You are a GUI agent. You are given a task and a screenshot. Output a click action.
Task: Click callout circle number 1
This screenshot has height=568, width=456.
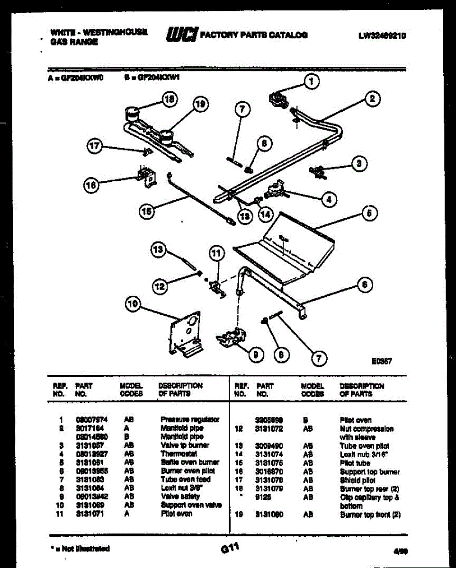pos(311,82)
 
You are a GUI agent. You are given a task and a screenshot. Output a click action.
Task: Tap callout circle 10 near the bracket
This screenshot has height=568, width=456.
pos(133,305)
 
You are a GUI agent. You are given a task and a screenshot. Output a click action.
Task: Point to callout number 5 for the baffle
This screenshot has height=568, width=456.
pos(369,213)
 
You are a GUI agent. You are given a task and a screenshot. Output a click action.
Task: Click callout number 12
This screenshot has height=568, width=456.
pos(161,285)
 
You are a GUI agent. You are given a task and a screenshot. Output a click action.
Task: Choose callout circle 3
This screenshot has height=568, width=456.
pos(359,164)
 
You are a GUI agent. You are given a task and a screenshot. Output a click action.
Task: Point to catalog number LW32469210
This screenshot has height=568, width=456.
pos(383,35)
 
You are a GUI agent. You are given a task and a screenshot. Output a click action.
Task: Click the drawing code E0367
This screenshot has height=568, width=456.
pos(382,361)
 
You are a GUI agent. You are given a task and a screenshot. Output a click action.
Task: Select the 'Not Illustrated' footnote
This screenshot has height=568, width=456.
pos(80,549)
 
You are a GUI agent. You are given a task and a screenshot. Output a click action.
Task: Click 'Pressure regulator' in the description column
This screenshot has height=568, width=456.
pos(189,419)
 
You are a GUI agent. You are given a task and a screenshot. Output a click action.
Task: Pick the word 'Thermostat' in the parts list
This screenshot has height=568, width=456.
pos(179,453)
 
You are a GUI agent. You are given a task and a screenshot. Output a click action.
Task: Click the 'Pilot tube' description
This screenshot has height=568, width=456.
pos(355,463)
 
